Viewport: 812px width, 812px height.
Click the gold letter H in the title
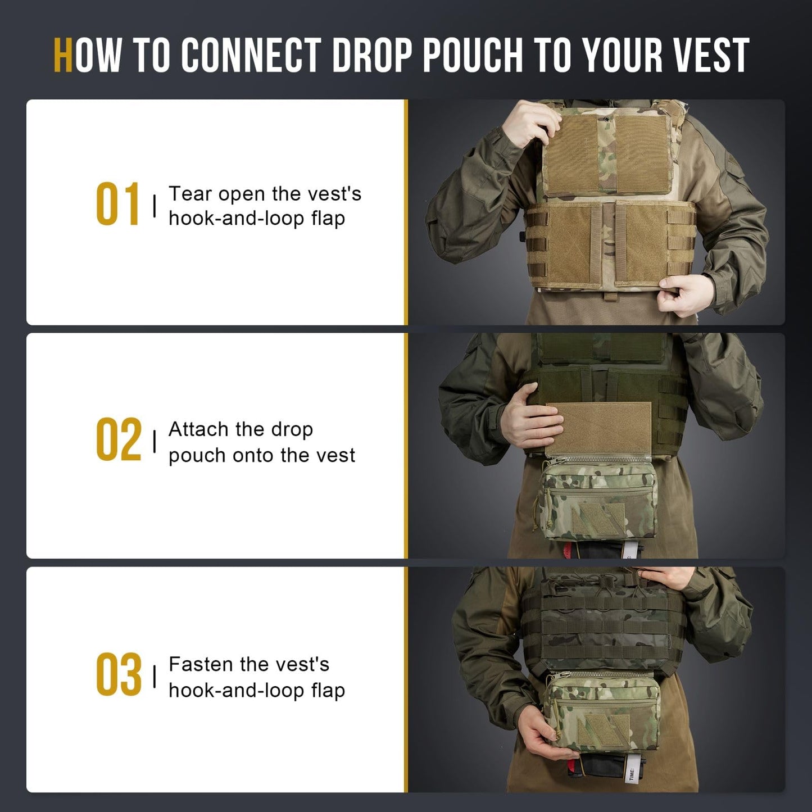click(63, 56)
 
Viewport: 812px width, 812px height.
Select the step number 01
click(117, 205)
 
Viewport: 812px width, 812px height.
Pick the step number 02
click(118, 440)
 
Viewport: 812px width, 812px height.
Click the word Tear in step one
click(190, 194)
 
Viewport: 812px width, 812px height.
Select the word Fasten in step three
click(201, 664)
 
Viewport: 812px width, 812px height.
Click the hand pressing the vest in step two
click(528, 421)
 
